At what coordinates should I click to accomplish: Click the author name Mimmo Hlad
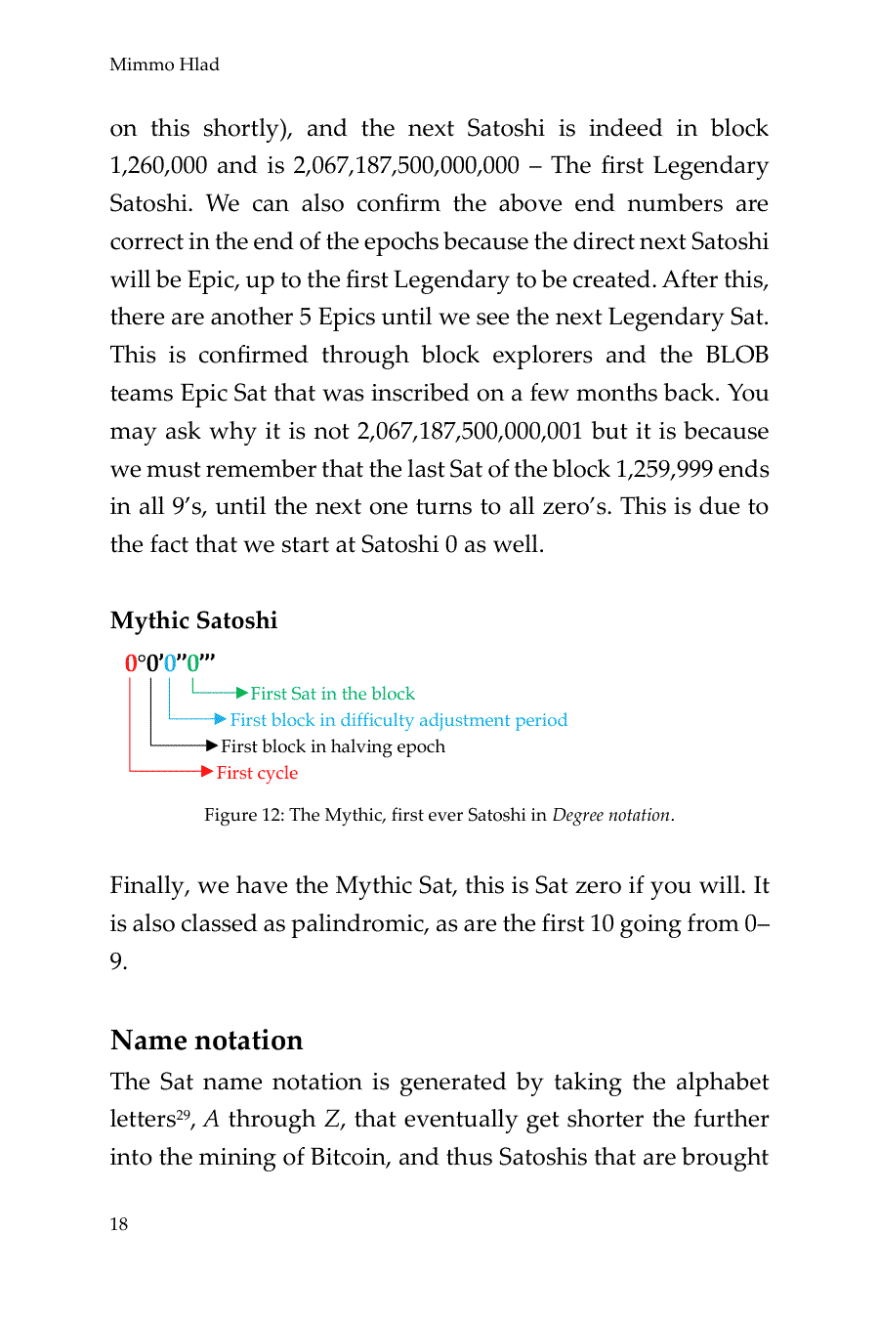tap(164, 64)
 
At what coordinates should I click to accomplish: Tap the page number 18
tap(118, 1224)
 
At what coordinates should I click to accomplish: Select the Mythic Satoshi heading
tap(193, 620)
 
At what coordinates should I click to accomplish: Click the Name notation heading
tap(206, 1040)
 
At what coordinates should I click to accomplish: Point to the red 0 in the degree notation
tap(131, 663)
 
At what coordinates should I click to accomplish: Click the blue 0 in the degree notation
tap(170, 663)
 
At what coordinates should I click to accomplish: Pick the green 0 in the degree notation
tap(192, 663)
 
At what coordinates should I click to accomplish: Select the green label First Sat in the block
tap(332, 694)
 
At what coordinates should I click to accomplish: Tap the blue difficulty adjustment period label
tap(398, 720)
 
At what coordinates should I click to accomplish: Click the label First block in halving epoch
tap(332, 746)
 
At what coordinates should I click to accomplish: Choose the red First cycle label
tap(257, 773)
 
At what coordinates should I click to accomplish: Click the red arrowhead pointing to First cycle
tap(206, 772)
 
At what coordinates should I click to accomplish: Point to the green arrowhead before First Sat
tap(241, 693)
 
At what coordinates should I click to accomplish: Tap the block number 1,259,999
tap(663, 470)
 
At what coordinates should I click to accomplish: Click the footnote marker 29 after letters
tap(183, 1113)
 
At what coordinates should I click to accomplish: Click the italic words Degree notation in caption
tap(611, 815)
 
